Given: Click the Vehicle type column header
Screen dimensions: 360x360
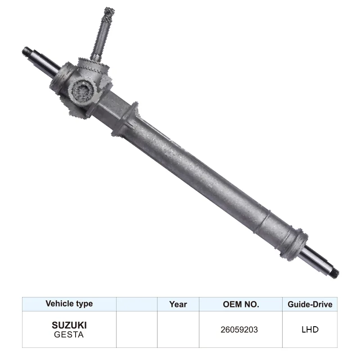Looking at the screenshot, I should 69,304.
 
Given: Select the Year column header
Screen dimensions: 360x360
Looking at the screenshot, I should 178,304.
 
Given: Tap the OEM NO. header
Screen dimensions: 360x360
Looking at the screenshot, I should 241,304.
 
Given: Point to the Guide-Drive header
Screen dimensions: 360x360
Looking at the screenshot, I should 310,304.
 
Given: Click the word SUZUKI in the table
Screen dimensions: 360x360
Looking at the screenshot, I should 69,325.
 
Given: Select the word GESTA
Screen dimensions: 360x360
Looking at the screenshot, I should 69,334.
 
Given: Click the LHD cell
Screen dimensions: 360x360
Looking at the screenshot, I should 310,329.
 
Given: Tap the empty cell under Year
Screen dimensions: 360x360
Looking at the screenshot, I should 178,329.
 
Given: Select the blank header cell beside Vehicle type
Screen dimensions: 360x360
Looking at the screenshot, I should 136,304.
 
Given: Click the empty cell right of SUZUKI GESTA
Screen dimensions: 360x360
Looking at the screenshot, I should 136,329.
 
